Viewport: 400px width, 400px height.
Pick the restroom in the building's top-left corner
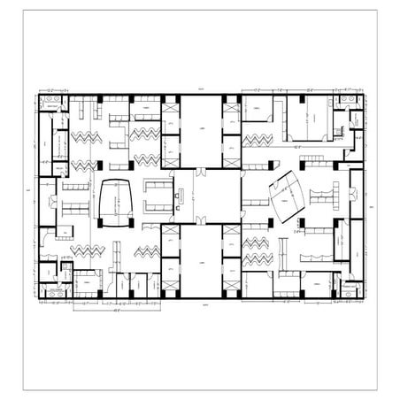coord(52,105)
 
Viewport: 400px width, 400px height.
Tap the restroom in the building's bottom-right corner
coord(351,288)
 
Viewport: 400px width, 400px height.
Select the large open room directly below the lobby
coord(200,261)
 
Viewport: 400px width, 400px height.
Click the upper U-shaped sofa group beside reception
coord(158,188)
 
